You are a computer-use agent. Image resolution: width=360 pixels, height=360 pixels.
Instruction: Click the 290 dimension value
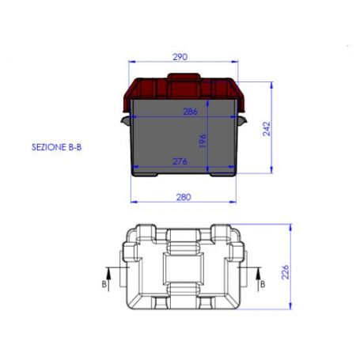pyautogui.click(x=180, y=57)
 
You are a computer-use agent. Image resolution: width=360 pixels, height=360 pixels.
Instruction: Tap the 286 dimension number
pyautogui.click(x=190, y=112)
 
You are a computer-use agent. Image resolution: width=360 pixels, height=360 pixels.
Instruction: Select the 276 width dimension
pyautogui.click(x=180, y=161)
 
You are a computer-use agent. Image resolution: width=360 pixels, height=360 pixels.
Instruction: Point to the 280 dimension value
pyautogui.click(x=184, y=197)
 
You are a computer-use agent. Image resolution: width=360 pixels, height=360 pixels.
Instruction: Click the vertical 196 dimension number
pyautogui.click(x=203, y=140)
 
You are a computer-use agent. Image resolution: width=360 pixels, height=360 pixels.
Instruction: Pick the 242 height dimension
pyautogui.click(x=267, y=129)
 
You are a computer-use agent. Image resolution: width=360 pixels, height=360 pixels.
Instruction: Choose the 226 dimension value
pyautogui.click(x=286, y=272)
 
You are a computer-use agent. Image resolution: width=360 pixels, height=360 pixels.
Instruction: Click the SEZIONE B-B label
pyautogui.click(x=57, y=147)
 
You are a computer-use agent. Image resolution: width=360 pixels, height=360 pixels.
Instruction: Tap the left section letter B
pyautogui.click(x=104, y=284)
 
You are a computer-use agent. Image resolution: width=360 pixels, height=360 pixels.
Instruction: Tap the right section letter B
pyautogui.click(x=263, y=284)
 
